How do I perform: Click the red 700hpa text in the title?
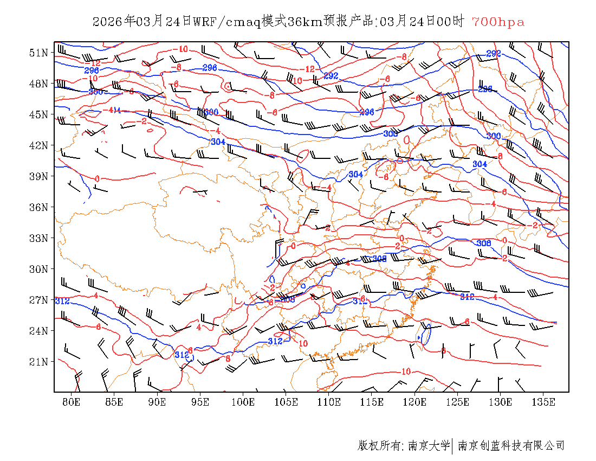pyautogui.click(x=498, y=22)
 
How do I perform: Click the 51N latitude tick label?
pyautogui.click(x=38, y=53)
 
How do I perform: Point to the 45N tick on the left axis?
pyautogui.click(x=38, y=114)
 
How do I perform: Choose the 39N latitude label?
pyautogui.click(x=38, y=176)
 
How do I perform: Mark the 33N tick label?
pyautogui.click(x=38, y=238)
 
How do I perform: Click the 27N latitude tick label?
pyautogui.click(x=38, y=300)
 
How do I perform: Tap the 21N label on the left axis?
pyautogui.click(x=38, y=362)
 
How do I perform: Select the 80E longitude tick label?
pyautogui.click(x=72, y=402)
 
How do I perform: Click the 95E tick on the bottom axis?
pyautogui.click(x=200, y=402)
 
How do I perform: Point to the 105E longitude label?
pyautogui.click(x=286, y=402)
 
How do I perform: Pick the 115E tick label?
pyautogui.click(x=372, y=402)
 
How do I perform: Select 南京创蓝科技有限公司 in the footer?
pyautogui.click(x=511, y=446)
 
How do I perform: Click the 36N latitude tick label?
pyautogui.click(x=38, y=207)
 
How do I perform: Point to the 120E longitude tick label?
pyautogui.click(x=415, y=402)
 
